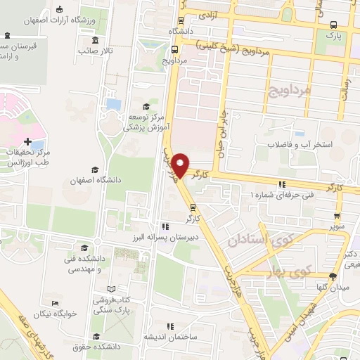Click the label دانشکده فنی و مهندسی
tap(84, 264)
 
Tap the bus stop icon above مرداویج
tap(174, 49)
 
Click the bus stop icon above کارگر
tap(192, 207)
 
